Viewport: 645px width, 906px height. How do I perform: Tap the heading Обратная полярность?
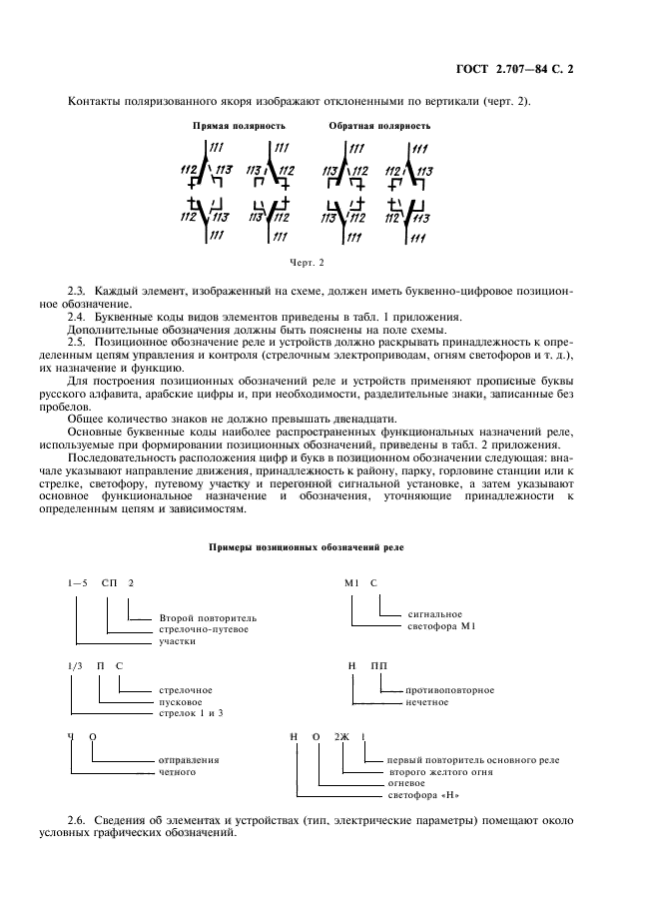(379, 127)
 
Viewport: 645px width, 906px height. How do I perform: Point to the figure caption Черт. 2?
(308, 263)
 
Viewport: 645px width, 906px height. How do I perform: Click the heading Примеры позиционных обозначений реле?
(308, 547)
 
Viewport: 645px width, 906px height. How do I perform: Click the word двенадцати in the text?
(362, 418)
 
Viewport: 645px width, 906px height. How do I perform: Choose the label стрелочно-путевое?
(203, 629)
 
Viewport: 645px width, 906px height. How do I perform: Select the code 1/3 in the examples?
(74, 664)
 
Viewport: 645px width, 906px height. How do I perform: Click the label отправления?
(189, 760)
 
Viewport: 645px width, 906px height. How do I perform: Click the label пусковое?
(181, 701)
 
